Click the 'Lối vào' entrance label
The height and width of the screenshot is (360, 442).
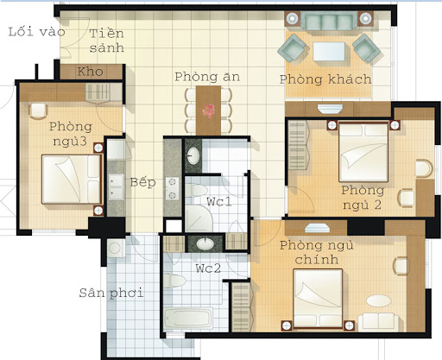pos(36,32)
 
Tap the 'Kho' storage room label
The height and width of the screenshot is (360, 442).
pos(90,72)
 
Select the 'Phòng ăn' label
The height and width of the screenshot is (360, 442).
pos(207,77)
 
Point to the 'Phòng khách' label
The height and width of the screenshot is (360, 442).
pos(325,79)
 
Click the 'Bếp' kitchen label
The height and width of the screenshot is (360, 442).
pos(143,182)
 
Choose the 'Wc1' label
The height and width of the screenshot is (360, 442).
pos(219,201)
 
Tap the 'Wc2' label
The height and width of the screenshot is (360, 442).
pos(208,268)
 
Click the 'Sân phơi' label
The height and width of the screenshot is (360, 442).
pos(111,294)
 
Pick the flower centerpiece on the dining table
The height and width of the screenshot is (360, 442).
pos(208,111)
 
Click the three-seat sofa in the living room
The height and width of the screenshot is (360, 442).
pos(329,21)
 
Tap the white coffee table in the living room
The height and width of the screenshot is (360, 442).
pos(329,52)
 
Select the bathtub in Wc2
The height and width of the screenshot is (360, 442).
pos(188,319)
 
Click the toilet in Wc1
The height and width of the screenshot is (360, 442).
pos(196,190)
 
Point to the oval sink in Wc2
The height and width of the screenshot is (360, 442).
pos(205,244)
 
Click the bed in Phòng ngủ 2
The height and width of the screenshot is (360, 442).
pos(363,152)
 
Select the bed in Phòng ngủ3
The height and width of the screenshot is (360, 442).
pos(72,179)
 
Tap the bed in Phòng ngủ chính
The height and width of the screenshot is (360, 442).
pos(318,299)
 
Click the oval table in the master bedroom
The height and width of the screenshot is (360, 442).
pos(379,301)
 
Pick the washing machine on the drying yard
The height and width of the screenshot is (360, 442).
pos(116,248)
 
